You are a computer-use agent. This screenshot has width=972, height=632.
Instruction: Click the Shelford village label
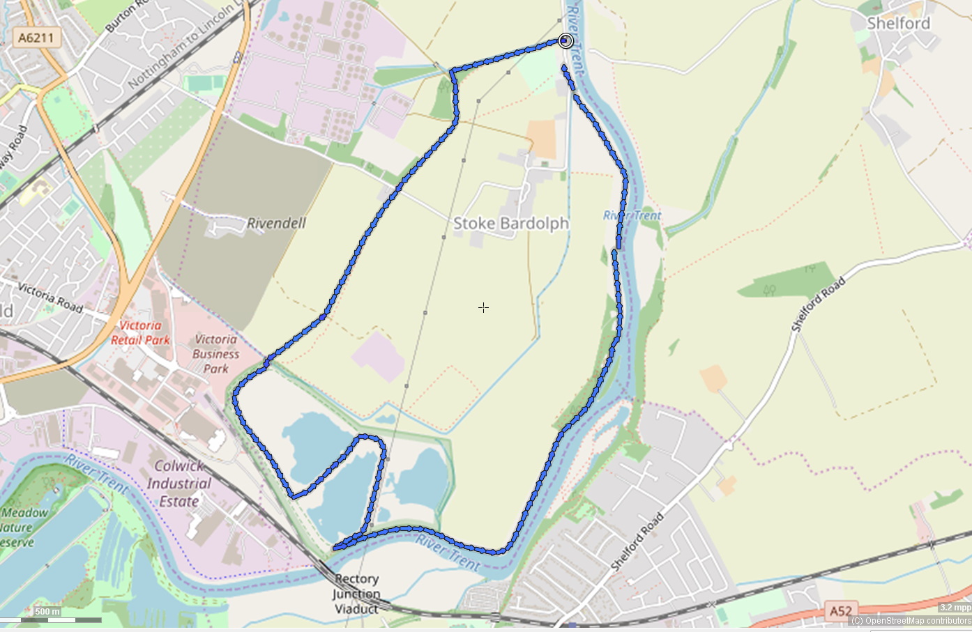click(898, 23)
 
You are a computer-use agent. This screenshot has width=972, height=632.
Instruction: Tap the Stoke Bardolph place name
click(511, 224)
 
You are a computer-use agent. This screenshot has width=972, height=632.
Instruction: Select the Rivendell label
click(276, 223)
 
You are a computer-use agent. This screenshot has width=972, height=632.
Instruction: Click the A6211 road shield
click(36, 37)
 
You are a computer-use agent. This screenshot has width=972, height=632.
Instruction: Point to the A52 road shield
click(840, 611)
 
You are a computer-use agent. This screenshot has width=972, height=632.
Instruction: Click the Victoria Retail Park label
click(140, 333)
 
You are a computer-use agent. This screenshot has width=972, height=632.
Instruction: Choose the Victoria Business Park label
click(216, 353)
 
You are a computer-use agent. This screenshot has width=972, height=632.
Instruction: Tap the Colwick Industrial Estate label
click(179, 484)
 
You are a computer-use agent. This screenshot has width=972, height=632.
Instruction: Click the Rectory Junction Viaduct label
click(356, 594)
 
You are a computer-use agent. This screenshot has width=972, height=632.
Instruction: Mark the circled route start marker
click(565, 41)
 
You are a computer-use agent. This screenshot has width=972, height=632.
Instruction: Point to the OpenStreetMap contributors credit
click(911, 621)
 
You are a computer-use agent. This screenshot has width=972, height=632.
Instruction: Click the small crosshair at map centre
click(483, 307)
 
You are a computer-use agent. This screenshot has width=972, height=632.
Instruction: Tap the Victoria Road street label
click(50, 298)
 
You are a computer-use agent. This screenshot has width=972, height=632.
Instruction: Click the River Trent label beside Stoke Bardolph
click(632, 215)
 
